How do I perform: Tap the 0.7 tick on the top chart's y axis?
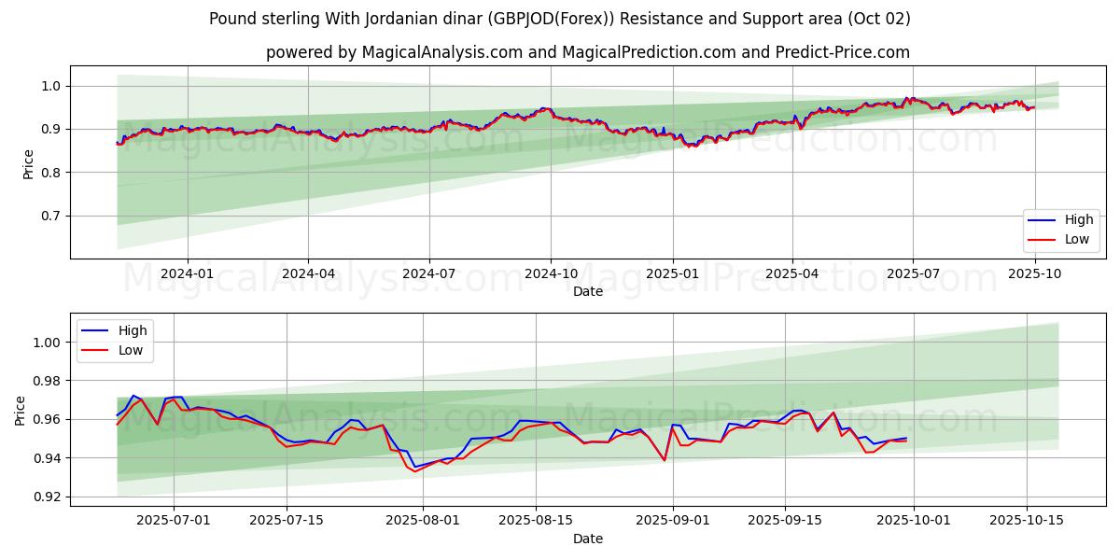point(50,216)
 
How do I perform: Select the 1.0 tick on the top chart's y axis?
point(50,86)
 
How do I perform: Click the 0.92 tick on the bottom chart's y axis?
point(47,497)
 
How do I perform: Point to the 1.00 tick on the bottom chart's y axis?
point(47,343)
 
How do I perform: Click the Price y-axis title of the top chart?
point(28,164)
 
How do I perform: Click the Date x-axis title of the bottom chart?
point(588,539)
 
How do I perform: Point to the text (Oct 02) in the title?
point(878,19)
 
